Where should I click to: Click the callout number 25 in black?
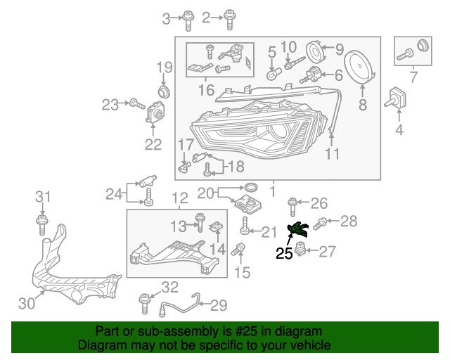(284, 254)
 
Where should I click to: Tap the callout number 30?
(26, 303)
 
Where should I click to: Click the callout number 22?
(153, 145)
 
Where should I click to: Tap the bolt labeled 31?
(42, 224)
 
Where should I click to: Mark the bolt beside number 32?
(146, 303)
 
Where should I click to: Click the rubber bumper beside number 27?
(300, 250)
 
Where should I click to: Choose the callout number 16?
(205, 90)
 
